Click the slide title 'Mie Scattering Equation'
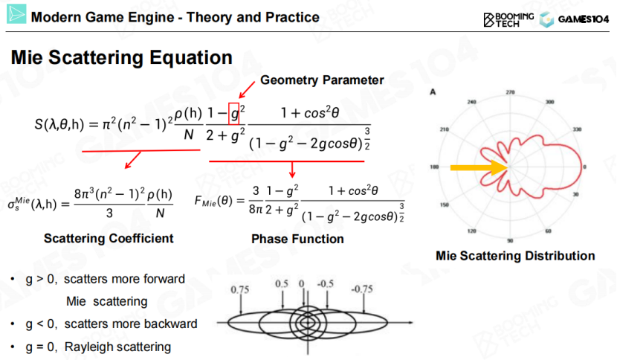tap(122, 57)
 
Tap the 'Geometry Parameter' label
tap(322, 80)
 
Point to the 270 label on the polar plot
tap(509, 92)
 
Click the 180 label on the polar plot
tap(435, 167)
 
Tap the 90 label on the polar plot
tap(510, 241)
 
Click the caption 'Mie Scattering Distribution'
tap(515, 256)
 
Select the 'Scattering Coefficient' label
tap(109, 239)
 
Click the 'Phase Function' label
tap(297, 240)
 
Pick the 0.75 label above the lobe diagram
tap(239, 289)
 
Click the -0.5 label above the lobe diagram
tap(325, 284)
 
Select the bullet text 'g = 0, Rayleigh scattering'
tap(97, 347)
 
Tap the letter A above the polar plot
tap(432, 91)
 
